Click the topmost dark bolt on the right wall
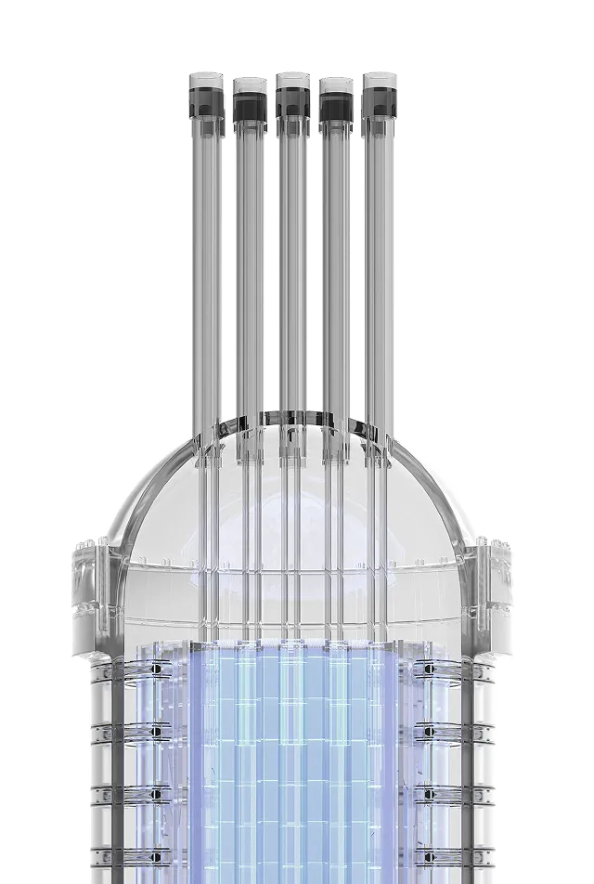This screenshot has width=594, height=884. (428, 668)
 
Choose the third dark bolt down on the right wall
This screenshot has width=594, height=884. (428, 795)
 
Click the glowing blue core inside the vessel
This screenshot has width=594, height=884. (292, 761)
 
